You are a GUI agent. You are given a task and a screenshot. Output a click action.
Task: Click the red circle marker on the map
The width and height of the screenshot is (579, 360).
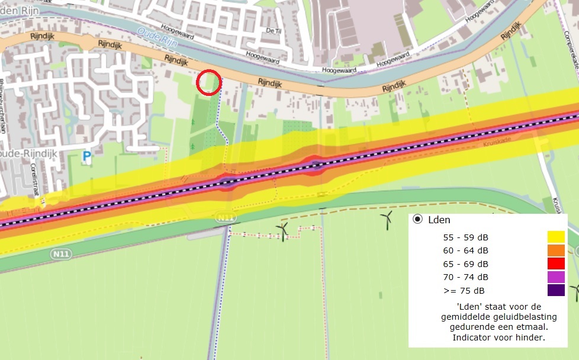pyautogui.click(x=208, y=82)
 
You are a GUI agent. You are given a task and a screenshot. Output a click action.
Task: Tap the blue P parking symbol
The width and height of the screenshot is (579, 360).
pyautogui.click(x=87, y=157)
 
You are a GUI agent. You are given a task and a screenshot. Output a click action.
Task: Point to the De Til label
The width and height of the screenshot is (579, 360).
pyautogui.click(x=273, y=30)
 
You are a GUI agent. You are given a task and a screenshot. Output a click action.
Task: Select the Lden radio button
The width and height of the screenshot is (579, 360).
pyautogui.click(x=418, y=220)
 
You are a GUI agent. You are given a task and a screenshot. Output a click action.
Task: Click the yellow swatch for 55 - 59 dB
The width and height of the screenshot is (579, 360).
pyautogui.click(x=556, y=237)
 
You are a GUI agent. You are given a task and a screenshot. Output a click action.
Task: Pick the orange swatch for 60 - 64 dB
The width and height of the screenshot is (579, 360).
pyautogui.click(x=556, y=250)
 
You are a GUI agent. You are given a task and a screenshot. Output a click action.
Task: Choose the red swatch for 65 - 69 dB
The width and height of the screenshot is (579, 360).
pyautogui.click(x=556, y=263)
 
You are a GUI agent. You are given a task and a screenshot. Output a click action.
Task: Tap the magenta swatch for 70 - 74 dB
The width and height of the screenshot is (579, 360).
pyautogui.click(x=556, y=277)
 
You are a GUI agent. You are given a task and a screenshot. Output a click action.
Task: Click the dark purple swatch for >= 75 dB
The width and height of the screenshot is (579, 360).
pyautogui.click(x=556, y=290)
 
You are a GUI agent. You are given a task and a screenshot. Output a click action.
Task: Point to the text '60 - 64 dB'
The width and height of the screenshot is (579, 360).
pyautogui.click(x=466, y=250)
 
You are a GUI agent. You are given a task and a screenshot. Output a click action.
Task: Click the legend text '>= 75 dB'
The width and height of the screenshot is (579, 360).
pyautogui.click(x=464, y=290)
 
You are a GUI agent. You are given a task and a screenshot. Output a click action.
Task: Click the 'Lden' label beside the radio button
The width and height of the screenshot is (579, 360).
pyautogui.click(x=439, y=220)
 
